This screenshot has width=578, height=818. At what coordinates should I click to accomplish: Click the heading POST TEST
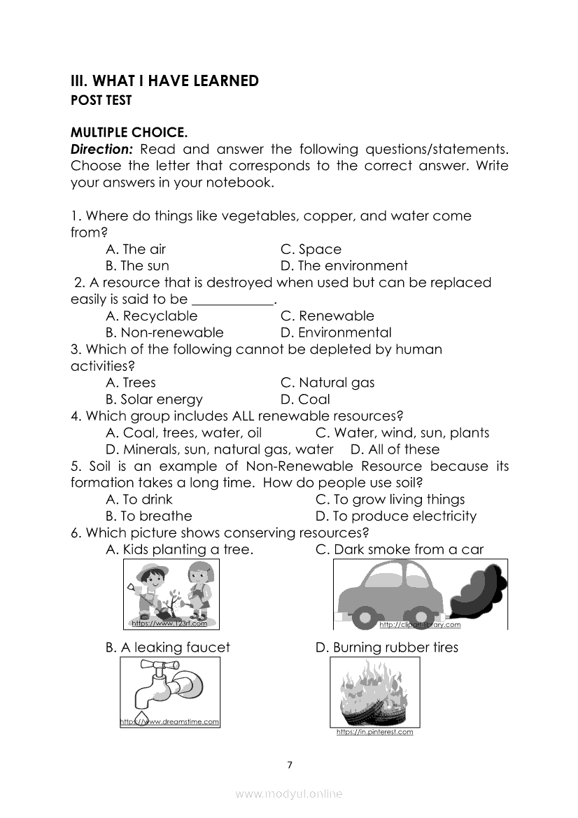(101, 101)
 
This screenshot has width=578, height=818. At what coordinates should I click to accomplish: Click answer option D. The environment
(344, 266)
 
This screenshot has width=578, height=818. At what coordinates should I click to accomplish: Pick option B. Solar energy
(154, 400)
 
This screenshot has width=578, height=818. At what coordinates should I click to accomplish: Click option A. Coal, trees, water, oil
(183, 433)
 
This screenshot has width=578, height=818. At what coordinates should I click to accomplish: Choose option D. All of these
(395, 450)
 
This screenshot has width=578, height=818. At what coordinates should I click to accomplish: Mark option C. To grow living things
(390, 500)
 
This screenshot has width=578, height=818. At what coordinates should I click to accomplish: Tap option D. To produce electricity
(395, 516)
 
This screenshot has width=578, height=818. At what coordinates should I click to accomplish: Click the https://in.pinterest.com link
(374, 733)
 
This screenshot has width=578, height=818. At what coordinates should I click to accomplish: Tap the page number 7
(289, 764)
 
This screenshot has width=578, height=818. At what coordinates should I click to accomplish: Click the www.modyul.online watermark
(289, 794)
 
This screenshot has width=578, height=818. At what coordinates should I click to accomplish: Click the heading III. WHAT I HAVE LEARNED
(164, 81)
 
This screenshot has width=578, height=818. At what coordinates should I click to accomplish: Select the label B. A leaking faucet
(167, 648)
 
